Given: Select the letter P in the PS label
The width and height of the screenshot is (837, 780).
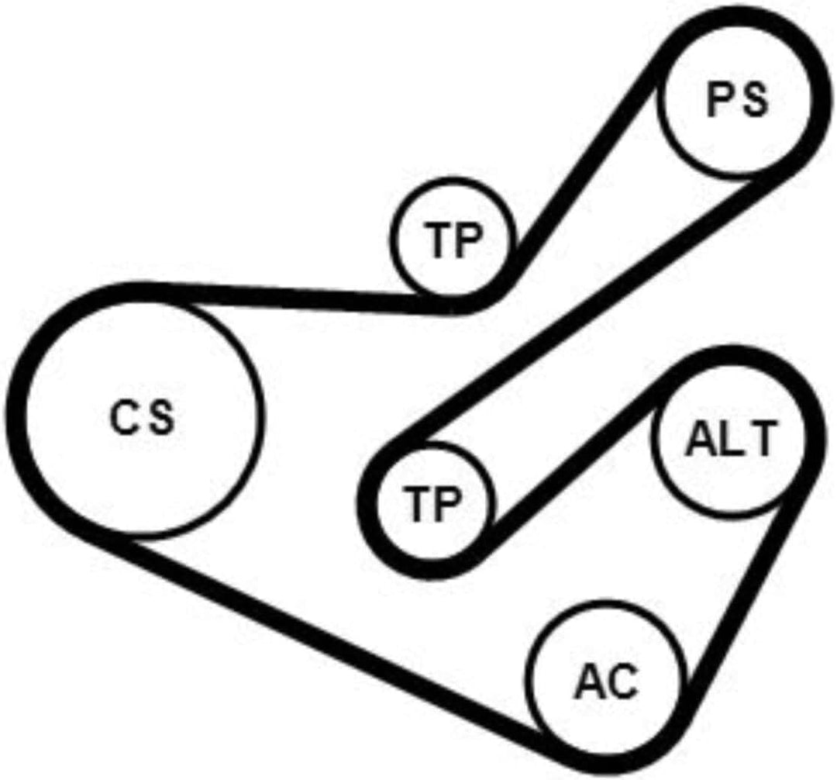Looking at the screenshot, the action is (719, 100).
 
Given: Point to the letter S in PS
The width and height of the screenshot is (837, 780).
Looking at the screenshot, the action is (754, 100).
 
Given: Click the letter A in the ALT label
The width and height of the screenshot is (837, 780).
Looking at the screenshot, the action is (701, 441).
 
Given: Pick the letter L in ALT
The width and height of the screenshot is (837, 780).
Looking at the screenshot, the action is (728, 441).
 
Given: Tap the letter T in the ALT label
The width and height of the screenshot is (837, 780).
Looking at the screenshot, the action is (757, 441).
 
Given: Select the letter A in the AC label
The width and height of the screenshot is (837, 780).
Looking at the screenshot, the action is (589, 683).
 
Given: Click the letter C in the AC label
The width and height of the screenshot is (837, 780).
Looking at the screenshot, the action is (622, 683).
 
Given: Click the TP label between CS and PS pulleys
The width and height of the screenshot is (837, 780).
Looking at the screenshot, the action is (453, 240).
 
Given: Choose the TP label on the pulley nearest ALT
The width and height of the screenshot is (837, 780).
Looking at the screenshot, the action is (432, 505).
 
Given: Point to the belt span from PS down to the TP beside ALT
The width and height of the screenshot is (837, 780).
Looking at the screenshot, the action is (587, 310).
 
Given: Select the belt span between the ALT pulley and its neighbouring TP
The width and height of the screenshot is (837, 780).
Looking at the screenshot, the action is (573, 459).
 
